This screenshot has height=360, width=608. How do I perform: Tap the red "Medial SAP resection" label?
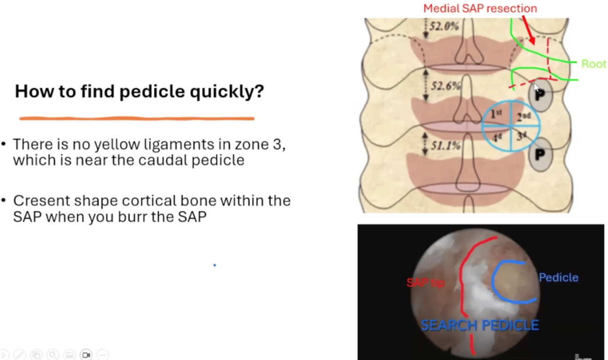[480, 8]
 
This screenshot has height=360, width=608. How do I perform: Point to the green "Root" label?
[593, 64]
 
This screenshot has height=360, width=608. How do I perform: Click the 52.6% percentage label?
[445, 86]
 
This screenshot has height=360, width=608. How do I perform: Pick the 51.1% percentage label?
[445, 146]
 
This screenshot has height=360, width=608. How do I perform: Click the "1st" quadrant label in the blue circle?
[496, 114]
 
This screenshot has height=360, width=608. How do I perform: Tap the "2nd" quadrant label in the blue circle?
[524, 117]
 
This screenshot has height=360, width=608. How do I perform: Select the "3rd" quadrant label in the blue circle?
[521, 136]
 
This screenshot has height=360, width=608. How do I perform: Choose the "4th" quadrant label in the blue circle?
[497, 138]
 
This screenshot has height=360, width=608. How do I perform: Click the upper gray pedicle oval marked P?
[540, 95]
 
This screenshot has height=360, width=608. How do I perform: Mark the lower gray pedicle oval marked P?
[540, 154]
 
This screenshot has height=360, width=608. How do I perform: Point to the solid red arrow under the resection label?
[528, 30]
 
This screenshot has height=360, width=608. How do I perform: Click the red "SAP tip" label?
[426, 283]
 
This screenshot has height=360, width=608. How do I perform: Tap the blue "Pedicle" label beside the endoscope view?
[559, 277]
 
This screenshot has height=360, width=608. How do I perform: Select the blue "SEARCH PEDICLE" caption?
[480, 325]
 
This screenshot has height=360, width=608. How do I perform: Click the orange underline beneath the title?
[137, 119]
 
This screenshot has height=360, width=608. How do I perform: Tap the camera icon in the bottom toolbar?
[86, 355]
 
